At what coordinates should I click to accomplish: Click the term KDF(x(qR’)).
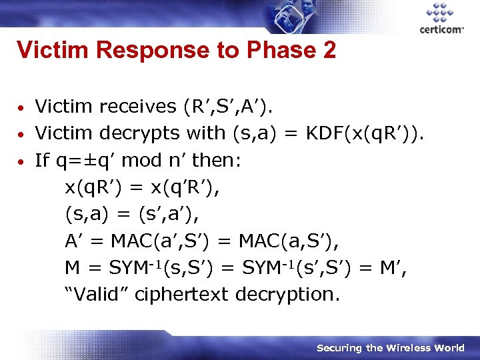point(364,133)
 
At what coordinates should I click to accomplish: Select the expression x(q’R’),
point(183,187)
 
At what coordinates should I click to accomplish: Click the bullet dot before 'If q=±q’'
point(22,161)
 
